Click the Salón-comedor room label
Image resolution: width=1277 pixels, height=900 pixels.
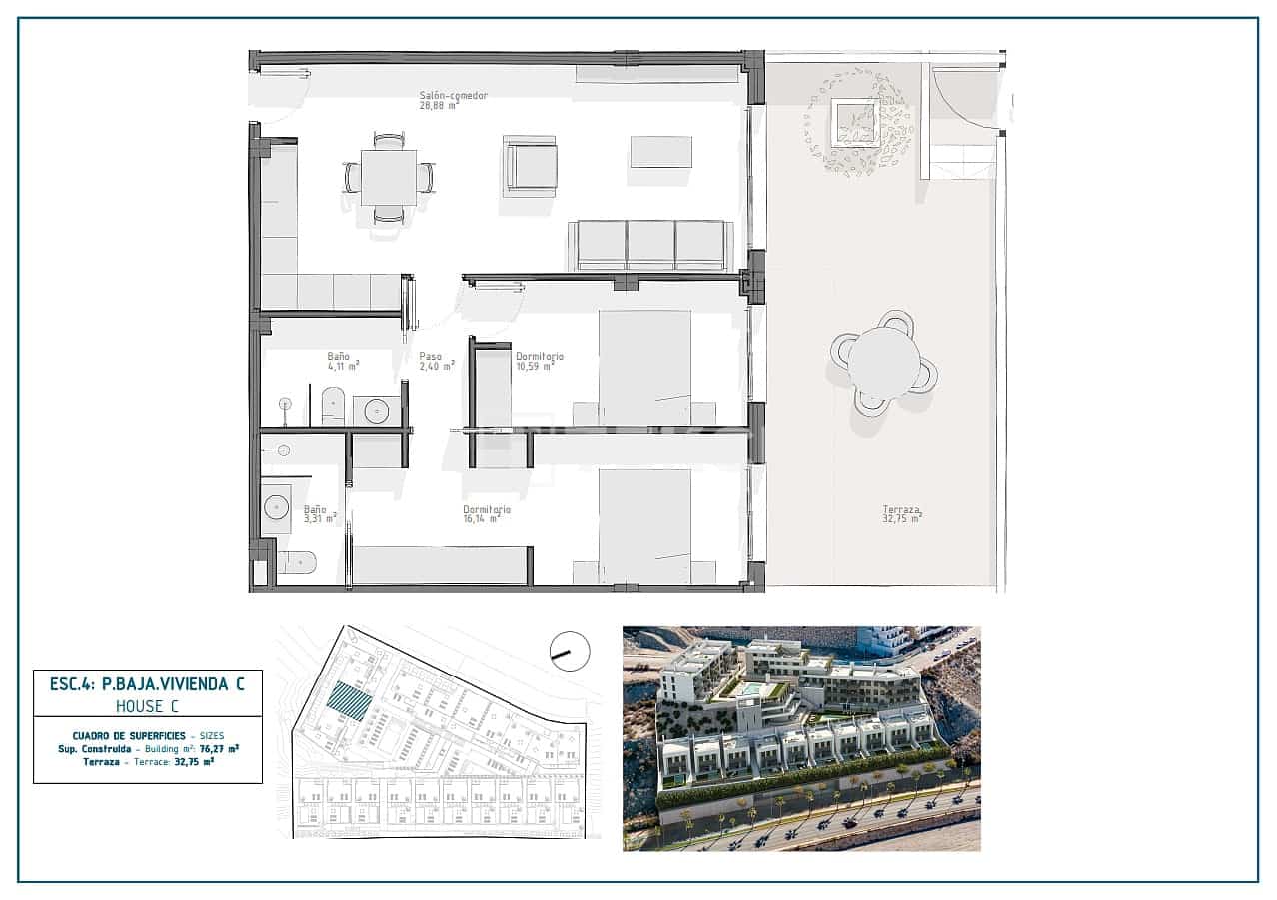point(453,95)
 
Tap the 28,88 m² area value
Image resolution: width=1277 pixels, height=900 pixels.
point(439,105)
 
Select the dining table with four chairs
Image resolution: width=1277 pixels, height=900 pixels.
point(389,178)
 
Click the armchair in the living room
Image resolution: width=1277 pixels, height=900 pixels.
point(531,166)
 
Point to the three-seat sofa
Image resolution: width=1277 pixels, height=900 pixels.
point(650,245)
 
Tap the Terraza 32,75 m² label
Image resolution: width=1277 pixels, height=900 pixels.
point(901,513)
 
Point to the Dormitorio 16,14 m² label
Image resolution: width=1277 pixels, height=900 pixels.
point(487,514)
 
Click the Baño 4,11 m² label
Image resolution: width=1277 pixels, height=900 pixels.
point(341,361)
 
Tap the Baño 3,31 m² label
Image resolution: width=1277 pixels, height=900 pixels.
point(319,514)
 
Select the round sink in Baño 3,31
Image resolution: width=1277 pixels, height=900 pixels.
point(277,507)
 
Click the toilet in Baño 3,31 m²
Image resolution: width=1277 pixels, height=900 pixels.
point(298,563)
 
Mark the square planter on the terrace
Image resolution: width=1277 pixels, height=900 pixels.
point(856,123)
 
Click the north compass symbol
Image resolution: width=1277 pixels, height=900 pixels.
point(570,652)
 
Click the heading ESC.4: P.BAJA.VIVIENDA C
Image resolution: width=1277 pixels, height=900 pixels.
point(147,684)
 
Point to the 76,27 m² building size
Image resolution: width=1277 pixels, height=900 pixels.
point(218,747)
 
